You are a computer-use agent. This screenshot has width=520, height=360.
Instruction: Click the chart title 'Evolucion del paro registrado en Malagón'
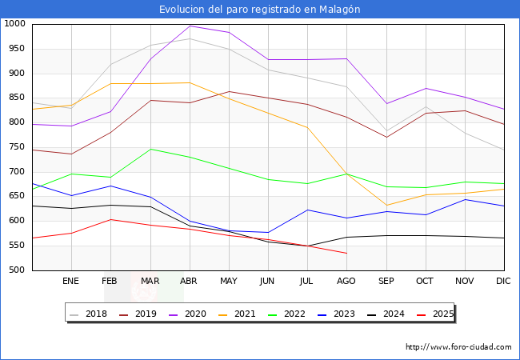pyautogui.click(x=260, y=9)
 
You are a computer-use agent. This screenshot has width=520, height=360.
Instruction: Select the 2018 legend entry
pyautogui.click(x=90, y=314)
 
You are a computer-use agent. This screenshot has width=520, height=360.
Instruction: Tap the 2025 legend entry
pyautogui.click(x=442, y=314)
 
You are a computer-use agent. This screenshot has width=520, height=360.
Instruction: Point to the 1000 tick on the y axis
pyautogui.click(x=15, y=24)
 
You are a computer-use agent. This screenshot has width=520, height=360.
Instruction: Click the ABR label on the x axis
pyautogui.click(x=190, y=281)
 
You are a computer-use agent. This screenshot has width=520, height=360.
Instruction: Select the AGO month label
pyautogui.click(x=346, y=281)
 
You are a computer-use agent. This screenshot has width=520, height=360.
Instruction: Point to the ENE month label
pyautogui.click(x=71, y=281)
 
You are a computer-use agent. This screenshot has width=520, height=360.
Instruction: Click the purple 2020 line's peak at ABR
pyautogui.click(x=190, y=26)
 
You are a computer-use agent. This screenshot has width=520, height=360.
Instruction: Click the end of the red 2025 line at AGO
pyautogui.click(x=346, y=253)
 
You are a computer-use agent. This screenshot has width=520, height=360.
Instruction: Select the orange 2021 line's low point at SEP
pyautogui.click(x=386, y=206)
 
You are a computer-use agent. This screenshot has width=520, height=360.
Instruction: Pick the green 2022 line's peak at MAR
pyautogui.click(x=150, y=149)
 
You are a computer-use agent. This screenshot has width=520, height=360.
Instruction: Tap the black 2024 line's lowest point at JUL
pyautogui.click(x=307, y=246)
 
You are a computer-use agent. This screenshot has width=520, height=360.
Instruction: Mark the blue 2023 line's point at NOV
pyautogui.click(x=465, y=199)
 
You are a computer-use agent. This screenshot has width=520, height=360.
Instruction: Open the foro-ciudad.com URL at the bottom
pyautogui.click(x=458, y=347)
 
